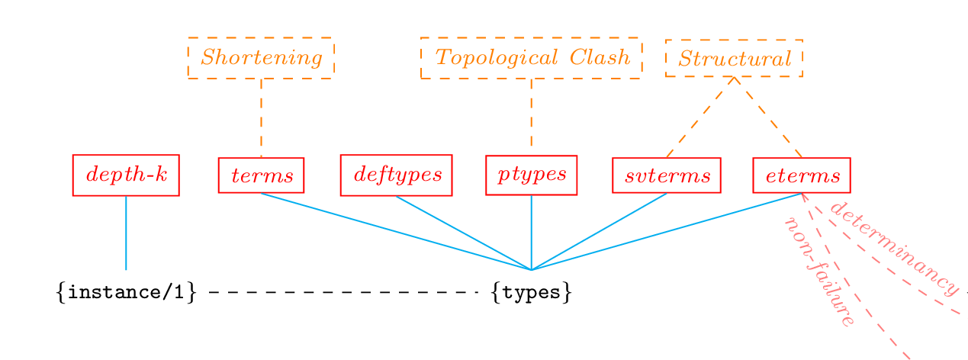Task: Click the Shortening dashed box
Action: tap(261, 58)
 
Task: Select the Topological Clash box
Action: tap(531, 58)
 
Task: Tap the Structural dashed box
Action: tap(734, 59)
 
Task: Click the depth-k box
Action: tap(126, 175)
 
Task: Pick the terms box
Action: tap(261, 175)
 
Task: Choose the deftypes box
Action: tap(396, 175)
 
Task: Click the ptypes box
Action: tap(531, 175)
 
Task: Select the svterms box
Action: tap(667, 175)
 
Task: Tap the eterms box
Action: tap(801, 175)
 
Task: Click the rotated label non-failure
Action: tap(818, 272)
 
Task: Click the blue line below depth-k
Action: tap(126, 233)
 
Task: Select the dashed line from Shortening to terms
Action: tap(261, 117)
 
